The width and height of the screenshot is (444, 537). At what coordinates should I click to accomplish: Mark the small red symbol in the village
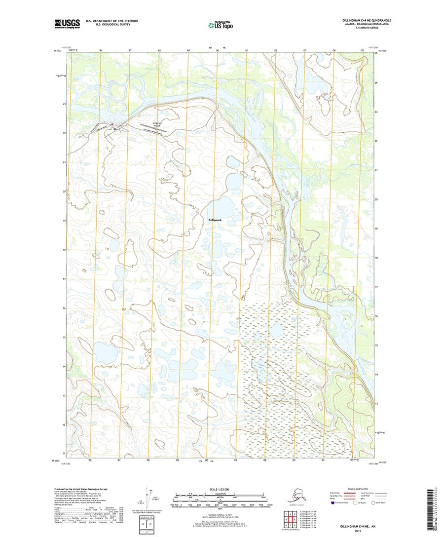tap(112, 124)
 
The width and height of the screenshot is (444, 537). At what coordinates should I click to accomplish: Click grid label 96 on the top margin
tap(101, 50)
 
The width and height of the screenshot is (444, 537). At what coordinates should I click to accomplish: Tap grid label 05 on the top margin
tap(362, 50)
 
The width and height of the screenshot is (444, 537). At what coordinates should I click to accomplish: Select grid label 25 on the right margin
tap(375, 53)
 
